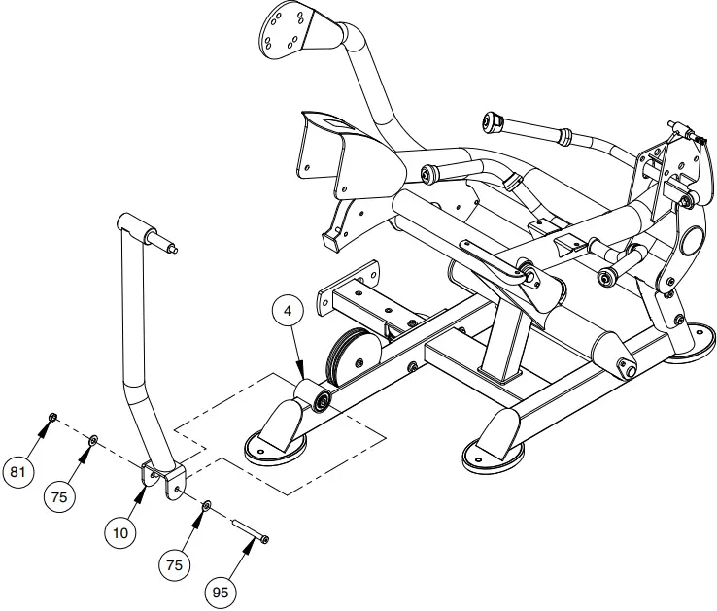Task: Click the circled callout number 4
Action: [x=289, y=312]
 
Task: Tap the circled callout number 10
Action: [x=120, y=531]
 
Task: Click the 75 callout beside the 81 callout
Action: [x=60, y=496]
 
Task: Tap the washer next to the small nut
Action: [x=91, y=441]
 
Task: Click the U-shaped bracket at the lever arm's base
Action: [x=162, y=479]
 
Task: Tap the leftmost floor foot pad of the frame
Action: [x=274, y=445]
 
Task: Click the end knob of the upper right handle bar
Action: [x=492, y=121]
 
